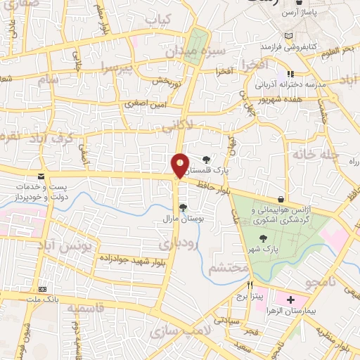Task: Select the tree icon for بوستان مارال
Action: pos(183,207)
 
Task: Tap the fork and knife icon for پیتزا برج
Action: pos(250,286)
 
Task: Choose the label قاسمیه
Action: pos(79,308)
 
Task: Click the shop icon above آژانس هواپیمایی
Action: pos(281,199)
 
